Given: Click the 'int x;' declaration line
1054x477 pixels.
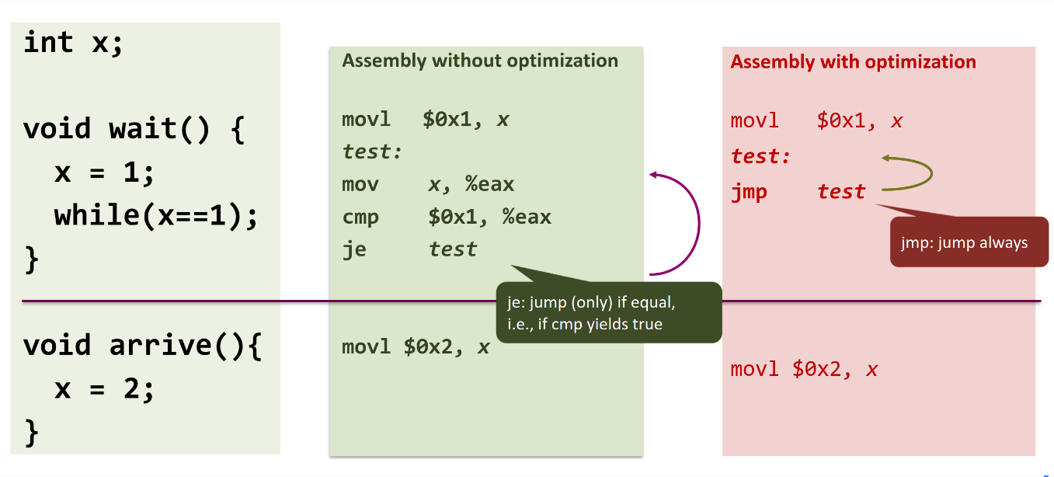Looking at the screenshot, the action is [x=73, y=42].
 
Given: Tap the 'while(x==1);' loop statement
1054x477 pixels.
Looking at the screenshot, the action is [x=156, y=216].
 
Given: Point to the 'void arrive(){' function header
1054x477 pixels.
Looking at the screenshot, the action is [x=143, y=345].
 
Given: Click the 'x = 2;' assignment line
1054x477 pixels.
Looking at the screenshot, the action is [x=104, y=389].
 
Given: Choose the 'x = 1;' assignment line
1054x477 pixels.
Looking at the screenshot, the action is [x=104, y=172].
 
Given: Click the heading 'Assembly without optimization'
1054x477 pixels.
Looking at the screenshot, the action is [x=480, y=61].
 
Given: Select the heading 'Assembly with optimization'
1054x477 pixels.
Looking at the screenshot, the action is [x=853, y=62].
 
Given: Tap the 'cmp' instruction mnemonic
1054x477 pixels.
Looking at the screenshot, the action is [x=360, y=218].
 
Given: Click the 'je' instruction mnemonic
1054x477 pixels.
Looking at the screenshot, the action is [x=354, y=249].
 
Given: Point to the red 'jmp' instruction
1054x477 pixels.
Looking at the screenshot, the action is [x=749, y=192].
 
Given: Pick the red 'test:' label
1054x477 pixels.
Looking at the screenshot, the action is [x=760, y=155].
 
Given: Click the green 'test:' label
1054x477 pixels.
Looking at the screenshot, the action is [x=372, y=151].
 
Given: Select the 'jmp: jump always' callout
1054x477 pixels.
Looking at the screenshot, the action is [x=969, y=242].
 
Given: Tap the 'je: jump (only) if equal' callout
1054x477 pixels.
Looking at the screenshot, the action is [x=609, y=312].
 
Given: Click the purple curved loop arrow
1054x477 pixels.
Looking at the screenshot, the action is [x=699, y=224].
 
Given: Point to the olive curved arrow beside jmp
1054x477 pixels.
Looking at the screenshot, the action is [x=931, y=173].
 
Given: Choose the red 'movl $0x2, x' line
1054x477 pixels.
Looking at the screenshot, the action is [x=804, y=369].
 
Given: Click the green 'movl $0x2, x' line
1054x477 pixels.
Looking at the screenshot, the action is [x=416, y=347].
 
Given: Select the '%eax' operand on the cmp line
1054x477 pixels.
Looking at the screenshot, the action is [x=527, y=218].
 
